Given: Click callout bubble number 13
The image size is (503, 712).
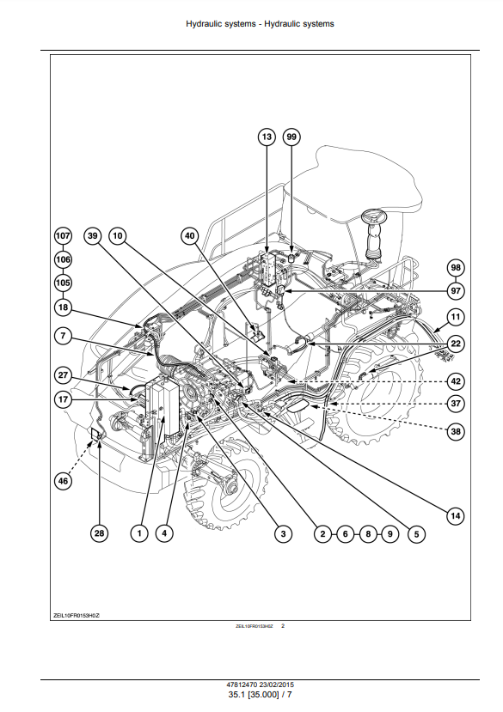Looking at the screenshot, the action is (x=267, y=137).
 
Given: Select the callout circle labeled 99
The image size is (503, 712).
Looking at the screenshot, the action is (x=291, y=137).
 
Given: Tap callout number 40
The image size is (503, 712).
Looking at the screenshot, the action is (x=190, y=235).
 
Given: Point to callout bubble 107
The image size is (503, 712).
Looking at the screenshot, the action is (x=63, y=235).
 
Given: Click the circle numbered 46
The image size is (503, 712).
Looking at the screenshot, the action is (x=63, y=481).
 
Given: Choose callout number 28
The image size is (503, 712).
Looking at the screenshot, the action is (x=99, y=532).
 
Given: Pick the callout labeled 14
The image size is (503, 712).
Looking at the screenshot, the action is (x=455, y=516).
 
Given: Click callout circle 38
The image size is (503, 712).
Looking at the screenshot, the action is (x=455, y=431).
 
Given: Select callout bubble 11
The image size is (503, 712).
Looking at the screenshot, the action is (x=455, y=317).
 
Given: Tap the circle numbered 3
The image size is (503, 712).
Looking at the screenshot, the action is (x=284, y=533).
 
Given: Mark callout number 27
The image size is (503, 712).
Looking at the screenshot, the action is (x=63, y=375).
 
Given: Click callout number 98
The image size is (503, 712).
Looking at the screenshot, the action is (x=455, y=267).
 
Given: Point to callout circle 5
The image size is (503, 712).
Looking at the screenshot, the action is (x=416, y=534).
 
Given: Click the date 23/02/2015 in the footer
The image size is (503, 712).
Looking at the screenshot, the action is (x=277, y=685).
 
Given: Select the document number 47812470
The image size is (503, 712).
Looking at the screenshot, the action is (x=242, y=685).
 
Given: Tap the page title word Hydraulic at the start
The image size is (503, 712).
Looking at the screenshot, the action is (x=204, y=24).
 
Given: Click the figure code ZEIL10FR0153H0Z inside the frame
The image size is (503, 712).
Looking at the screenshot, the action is (x=76, y=616).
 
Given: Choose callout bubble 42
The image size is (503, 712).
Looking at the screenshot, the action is (x=455, y=381).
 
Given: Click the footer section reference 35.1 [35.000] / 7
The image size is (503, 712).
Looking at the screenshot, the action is (x=261, y=694).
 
